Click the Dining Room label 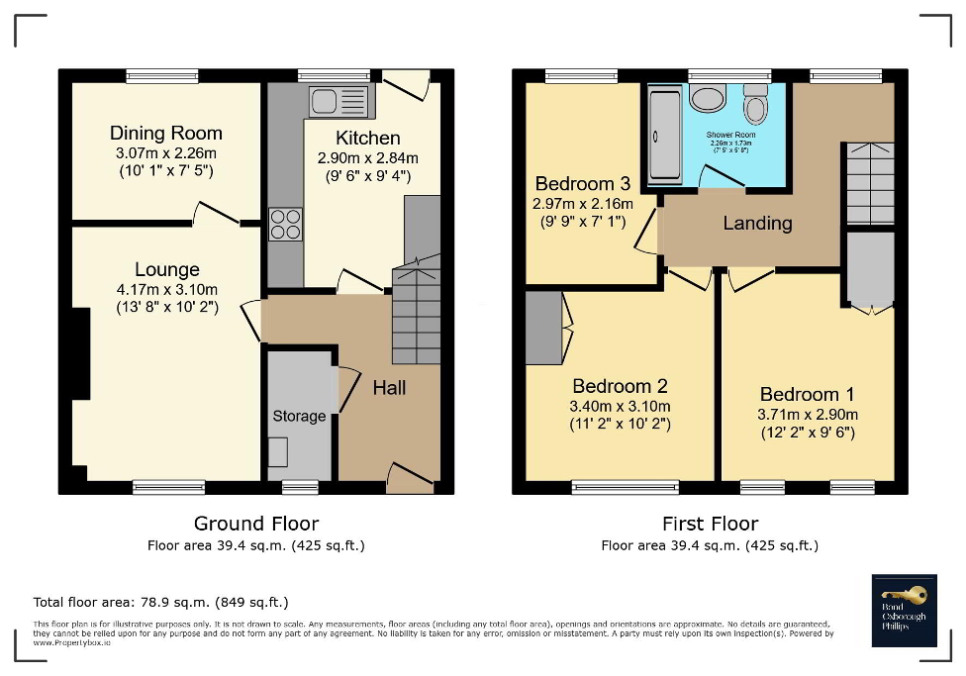pos(165,133)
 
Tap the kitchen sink pos(336,100)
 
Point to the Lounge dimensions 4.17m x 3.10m pos(167,289)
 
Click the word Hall pos(389,388)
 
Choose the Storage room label pos(299,416)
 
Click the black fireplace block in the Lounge pos(79,353)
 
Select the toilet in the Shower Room pos(756,103)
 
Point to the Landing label pos(757,223)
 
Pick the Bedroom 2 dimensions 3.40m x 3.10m pos(621,406)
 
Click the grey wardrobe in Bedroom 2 pos(543,328)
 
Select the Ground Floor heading pos(255,524)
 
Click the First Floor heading pos(710,524)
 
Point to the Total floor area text pos(160,602)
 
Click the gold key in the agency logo pos(911,595)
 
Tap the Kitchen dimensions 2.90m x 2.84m pos(367,158)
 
